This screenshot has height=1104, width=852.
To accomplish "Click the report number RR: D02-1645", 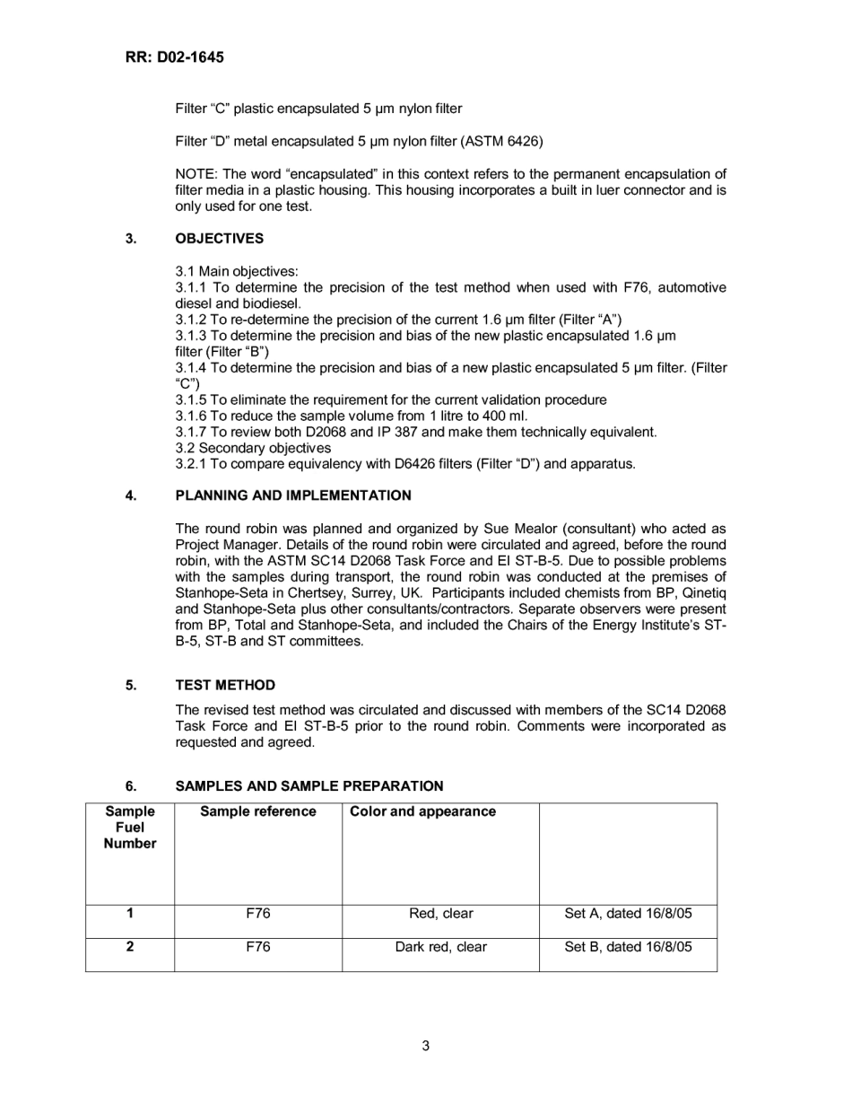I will [x=174, y=57].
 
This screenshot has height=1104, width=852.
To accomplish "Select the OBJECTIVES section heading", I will [x=219, y=238].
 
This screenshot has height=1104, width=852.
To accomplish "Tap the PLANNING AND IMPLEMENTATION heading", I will [x=293, y=495].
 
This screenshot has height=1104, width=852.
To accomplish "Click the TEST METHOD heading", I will [x=225, y=685].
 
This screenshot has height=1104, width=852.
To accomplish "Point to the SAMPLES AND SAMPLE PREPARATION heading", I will [x=309, y=785].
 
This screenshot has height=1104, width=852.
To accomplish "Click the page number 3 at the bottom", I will [x=426, y=1046].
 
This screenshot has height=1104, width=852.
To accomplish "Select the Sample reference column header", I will [x=258, y=811].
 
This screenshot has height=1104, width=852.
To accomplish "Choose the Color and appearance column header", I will [x=422, y=811].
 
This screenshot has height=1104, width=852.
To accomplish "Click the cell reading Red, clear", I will [x=440, y=914].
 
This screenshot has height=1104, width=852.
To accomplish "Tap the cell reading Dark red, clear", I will [x=440, y=947].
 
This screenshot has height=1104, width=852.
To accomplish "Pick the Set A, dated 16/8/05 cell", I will [x=628, y=914].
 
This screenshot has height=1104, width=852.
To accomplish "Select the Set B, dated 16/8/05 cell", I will [x=628, y=947].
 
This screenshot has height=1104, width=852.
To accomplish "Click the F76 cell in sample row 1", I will [x=258, y=914].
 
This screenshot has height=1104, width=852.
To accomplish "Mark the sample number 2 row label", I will [x=130, y=947].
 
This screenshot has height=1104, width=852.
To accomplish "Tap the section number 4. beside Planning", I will [x=131, y=495].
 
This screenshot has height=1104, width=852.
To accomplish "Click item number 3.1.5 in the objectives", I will [x=191, y=399].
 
